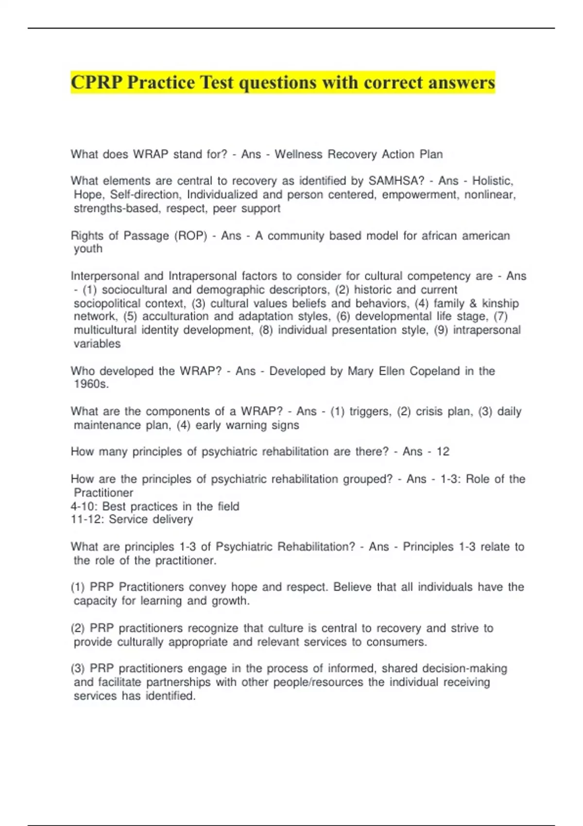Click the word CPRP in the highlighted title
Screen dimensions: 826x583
tap(97, 83)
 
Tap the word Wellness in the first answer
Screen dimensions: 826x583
tap(298, 155)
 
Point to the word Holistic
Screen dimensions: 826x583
tap(493, 181)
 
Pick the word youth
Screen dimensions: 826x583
tap(88, 249)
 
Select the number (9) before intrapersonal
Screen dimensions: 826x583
tap(441, 330)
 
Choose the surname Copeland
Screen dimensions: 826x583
tap(434, 371)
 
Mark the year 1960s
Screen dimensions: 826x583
tap(91, 384)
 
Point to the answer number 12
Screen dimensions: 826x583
tap(443, 452)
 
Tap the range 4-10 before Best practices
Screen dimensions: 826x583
tap(84, 507)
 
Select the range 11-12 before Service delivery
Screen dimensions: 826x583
tap(87, 520)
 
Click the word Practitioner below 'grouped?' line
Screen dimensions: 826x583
tap(103, 493)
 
